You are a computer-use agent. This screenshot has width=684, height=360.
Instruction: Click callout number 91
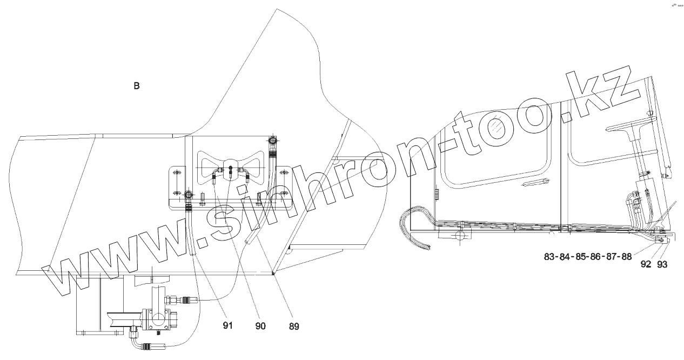(227, 326)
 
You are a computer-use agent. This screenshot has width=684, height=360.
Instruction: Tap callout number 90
(260, 326)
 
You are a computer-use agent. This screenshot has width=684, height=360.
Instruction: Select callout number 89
(293, 326)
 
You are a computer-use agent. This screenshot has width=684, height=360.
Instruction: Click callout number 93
(662, 265)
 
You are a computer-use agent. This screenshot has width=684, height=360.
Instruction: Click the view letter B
(137, 86)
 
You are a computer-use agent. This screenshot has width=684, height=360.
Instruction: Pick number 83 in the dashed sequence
(550, 257)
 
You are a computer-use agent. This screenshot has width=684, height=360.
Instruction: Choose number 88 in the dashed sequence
(626, 257)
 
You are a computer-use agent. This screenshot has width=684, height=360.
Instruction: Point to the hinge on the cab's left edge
(436, 194)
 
